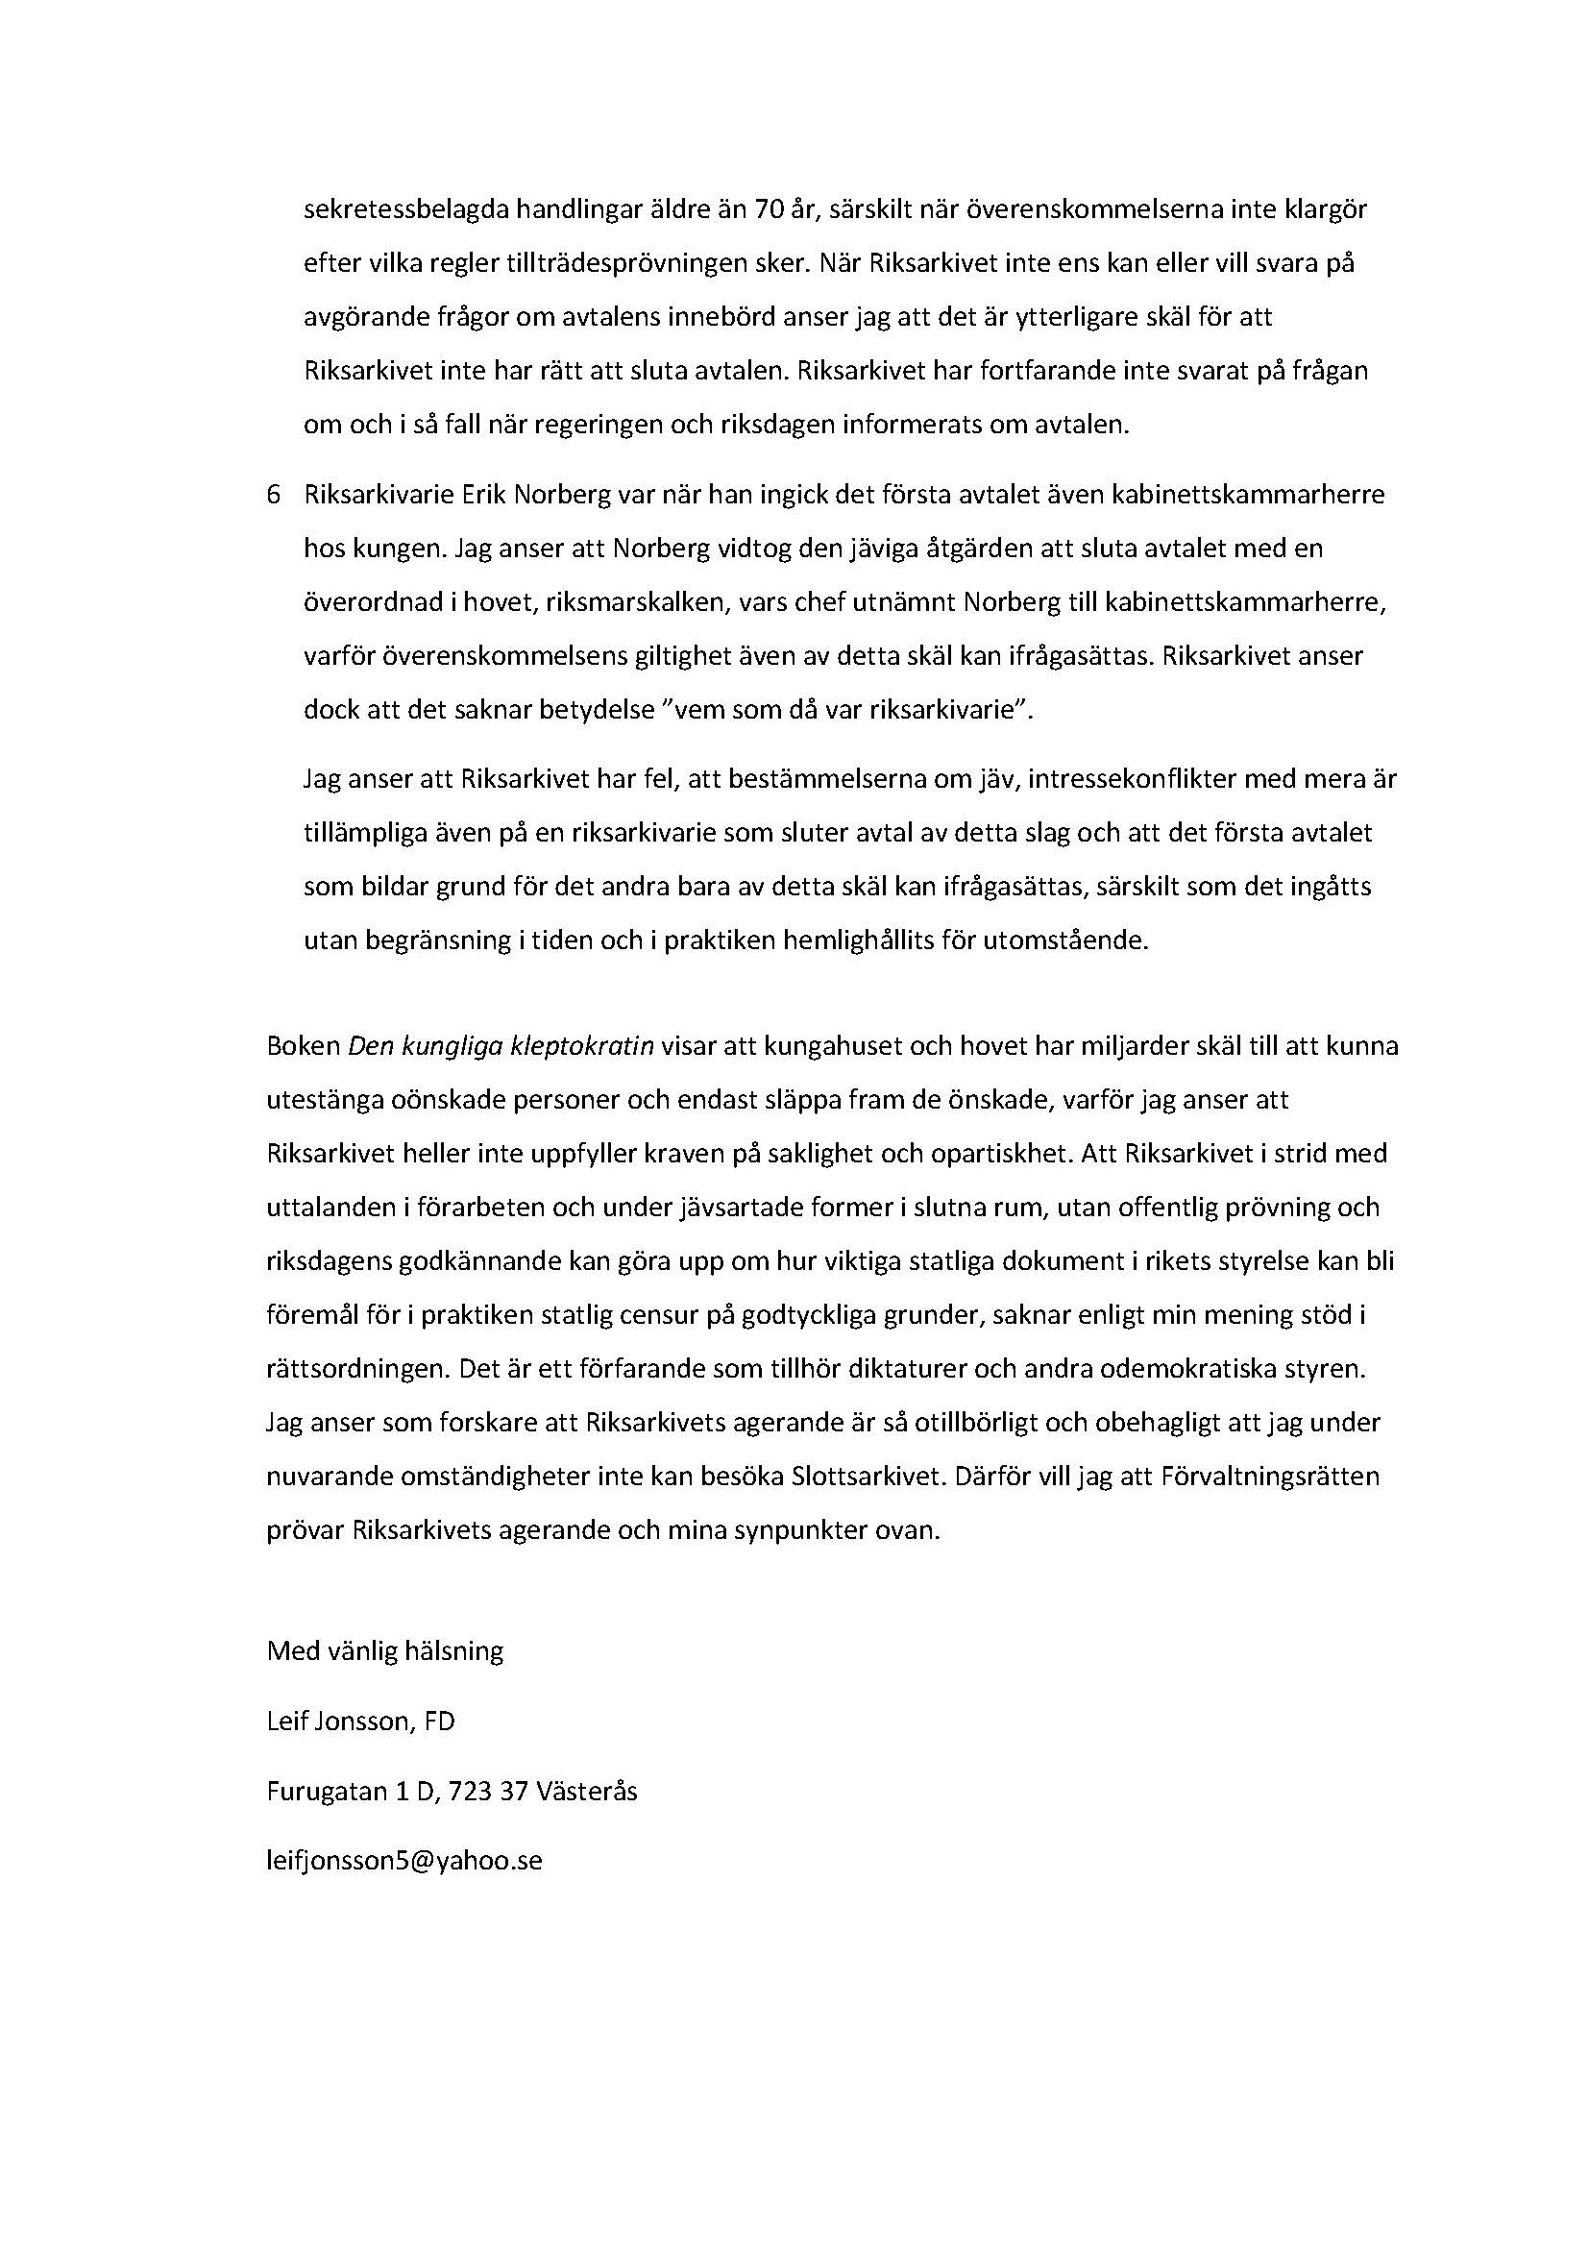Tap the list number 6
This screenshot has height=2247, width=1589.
click(274, 495)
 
